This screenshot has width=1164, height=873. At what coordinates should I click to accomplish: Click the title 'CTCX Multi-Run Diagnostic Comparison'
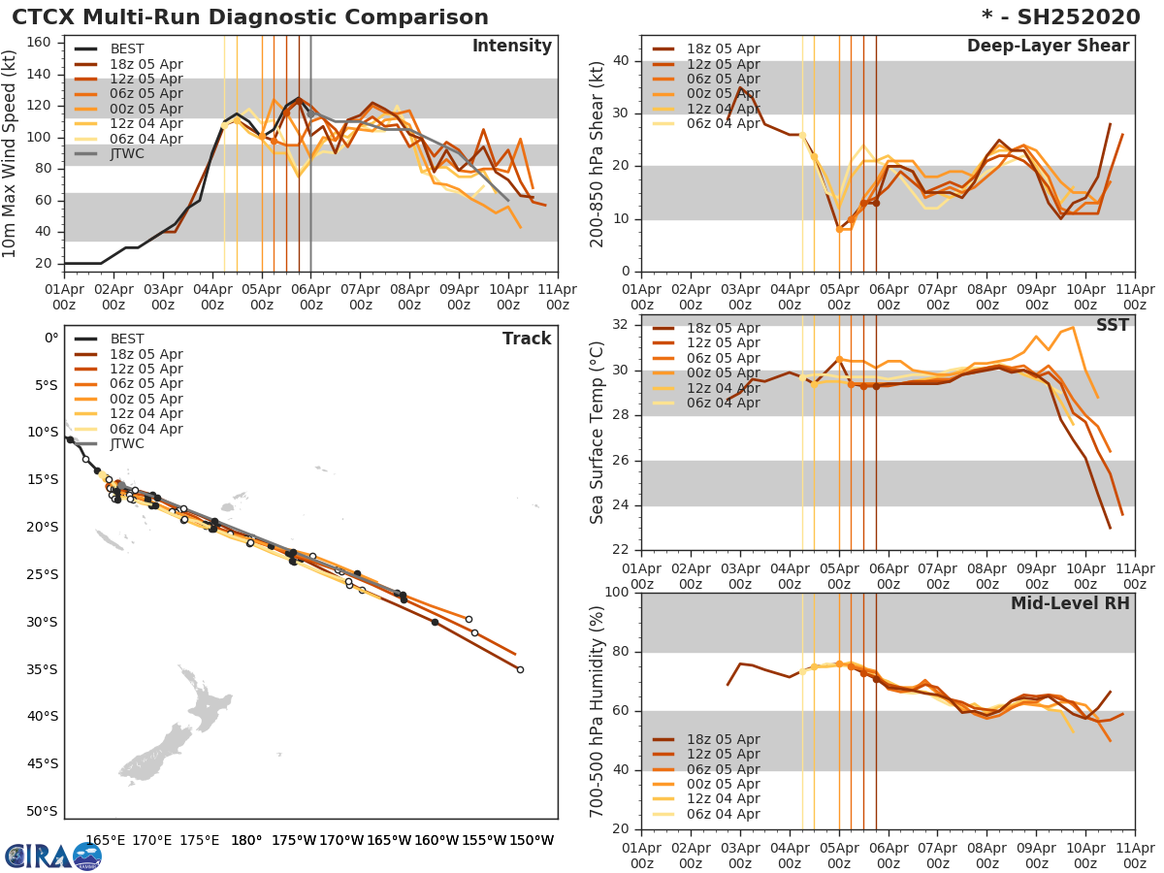tap(250, 17)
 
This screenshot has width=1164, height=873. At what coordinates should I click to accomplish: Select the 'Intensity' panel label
tap(511, 47)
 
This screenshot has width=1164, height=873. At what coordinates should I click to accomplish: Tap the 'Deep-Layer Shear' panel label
tap(1048, 47)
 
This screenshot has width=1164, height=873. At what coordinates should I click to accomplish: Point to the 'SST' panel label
tap(1112, 326)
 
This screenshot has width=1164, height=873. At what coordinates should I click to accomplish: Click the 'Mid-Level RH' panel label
tap(1070, 604)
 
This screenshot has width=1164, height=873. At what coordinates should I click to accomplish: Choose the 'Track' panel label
tap(527, 339)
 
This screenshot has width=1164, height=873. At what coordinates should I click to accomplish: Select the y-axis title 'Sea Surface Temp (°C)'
tap(598, 433)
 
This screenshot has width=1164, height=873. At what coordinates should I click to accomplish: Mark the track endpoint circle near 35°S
tap(520, 669)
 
